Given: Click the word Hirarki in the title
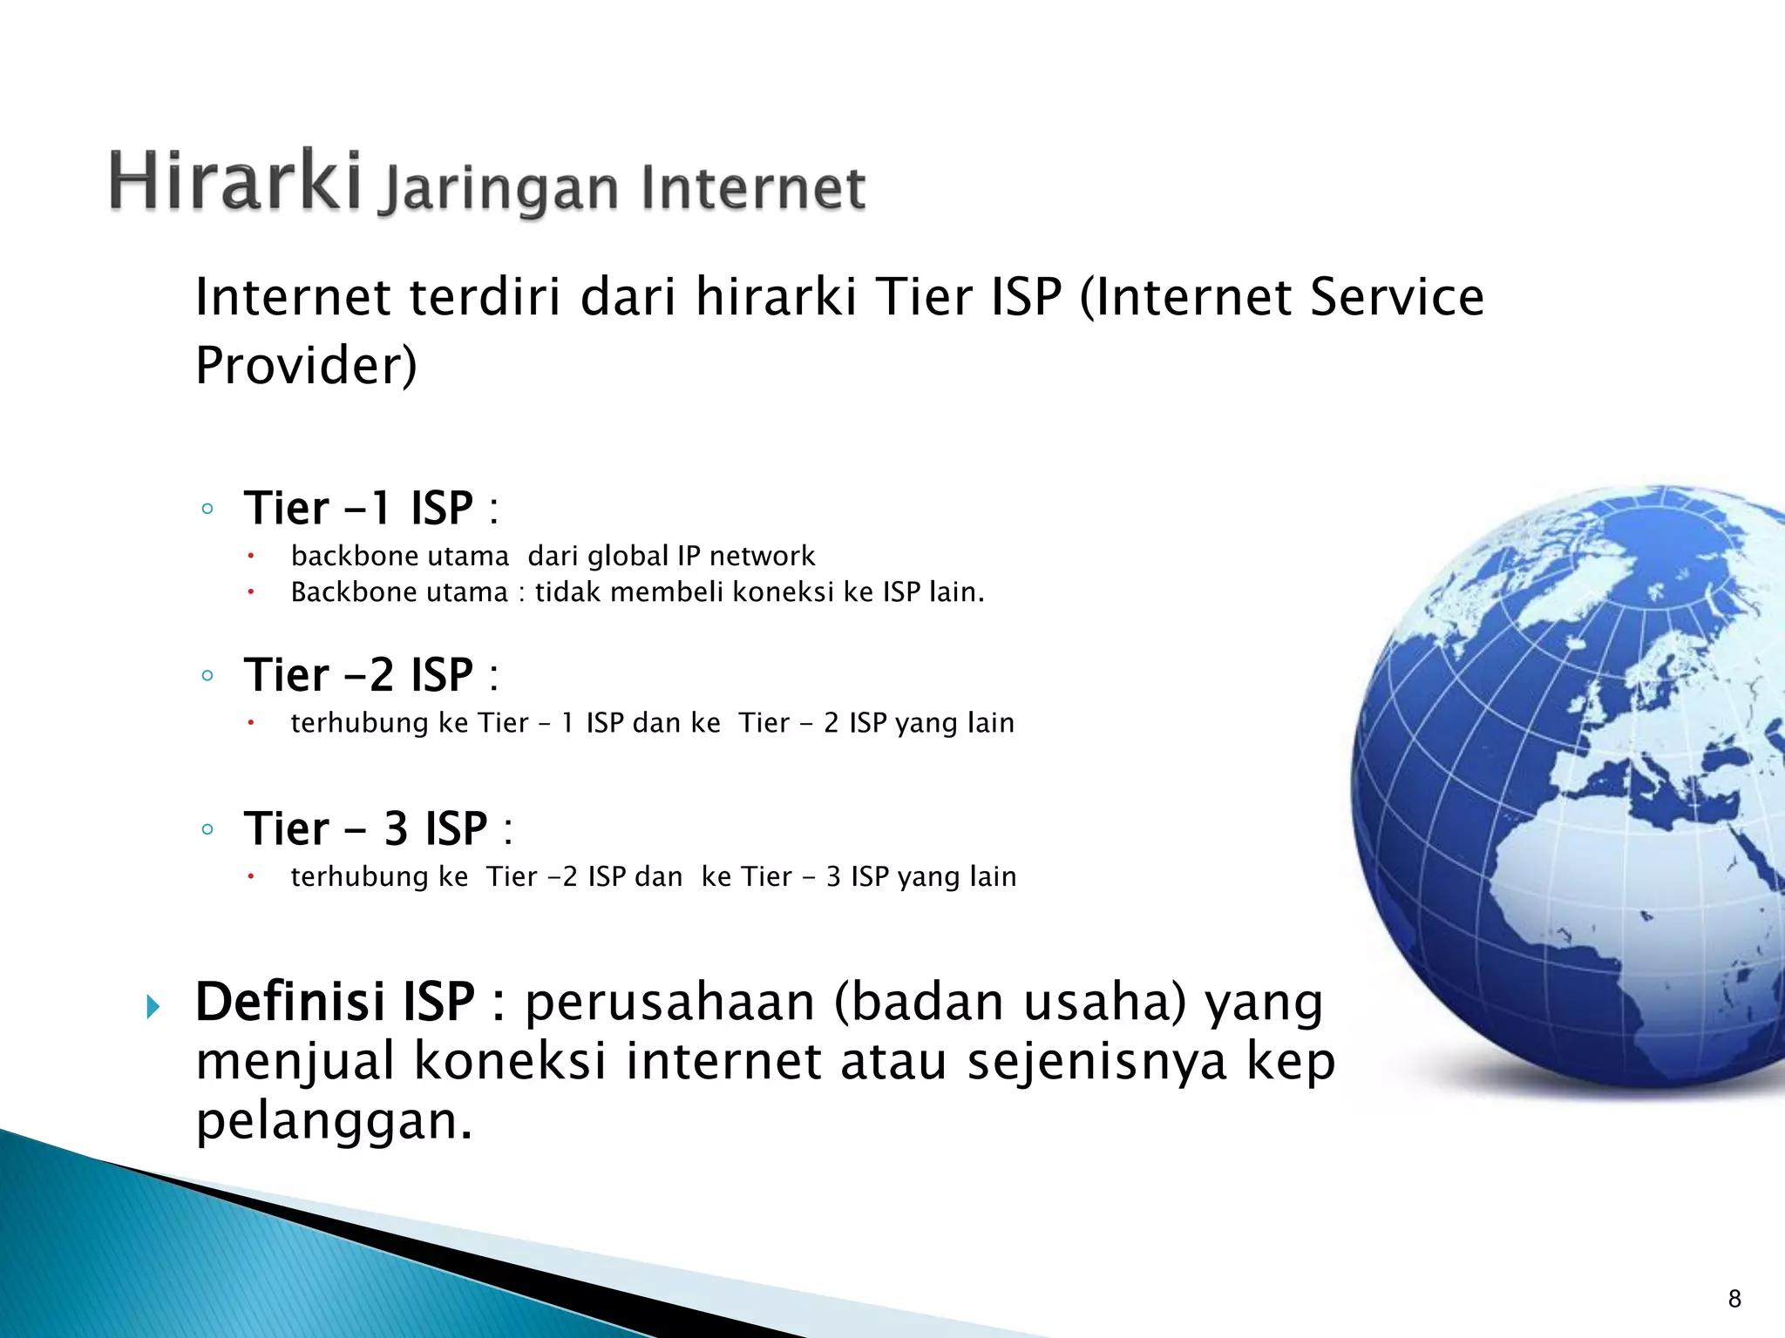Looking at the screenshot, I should [235, 181].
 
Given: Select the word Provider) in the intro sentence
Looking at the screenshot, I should [306, 365].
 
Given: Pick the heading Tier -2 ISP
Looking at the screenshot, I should [358, 674].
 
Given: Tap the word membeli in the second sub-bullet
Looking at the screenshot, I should [667, 592].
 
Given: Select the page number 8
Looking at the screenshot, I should [1734, 1300].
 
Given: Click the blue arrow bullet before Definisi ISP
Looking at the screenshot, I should [154, 1008].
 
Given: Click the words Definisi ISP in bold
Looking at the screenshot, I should [336, 1002].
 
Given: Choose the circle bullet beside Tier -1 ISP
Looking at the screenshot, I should [207, 509].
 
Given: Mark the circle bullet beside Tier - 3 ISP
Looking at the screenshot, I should [207, 829].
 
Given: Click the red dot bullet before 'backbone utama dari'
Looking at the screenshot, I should [249, 556].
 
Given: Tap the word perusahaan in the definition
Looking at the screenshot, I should [670, 1002].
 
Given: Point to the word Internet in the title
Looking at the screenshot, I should [753, 188].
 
